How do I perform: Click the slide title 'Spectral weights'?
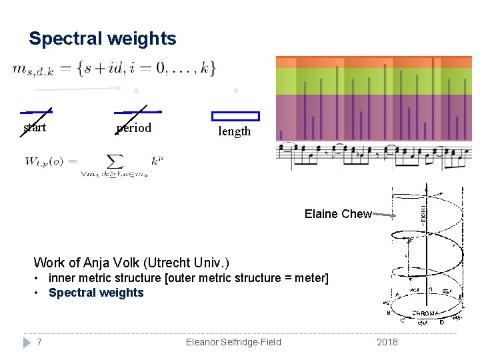pyautogui.click(x=103, y=39)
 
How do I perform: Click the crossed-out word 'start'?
pyautogui.click(x=35, y=127)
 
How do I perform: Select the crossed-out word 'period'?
pyautogui.click(x=134, y=128)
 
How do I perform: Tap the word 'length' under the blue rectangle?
pyautogui.click(x=235, y=131)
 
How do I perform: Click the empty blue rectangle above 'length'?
pyautogui.click(x=235, y=116)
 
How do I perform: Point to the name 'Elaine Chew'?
pyautogui.click(x=337, y=214)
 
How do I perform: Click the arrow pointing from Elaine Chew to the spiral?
pyautogui.click(x=385, y=215)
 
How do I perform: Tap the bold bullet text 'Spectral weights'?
pyautogui.click(x=96, y=293)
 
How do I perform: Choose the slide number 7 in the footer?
pyautogui.click(x=40, y=342)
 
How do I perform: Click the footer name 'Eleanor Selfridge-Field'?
pyautogui.click(x=233, y=342)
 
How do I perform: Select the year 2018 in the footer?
pyautogui.click(x=387, y=342)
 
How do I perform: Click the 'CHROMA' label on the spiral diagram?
pyautogui.click(x=425, y=313)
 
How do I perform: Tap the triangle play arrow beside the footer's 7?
pyautogui.click(x=27, y=342)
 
